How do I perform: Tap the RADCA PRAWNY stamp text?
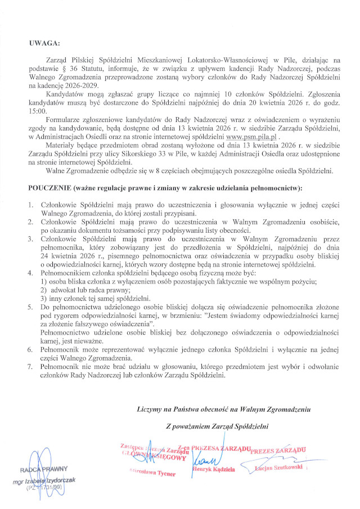(44, 469)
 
